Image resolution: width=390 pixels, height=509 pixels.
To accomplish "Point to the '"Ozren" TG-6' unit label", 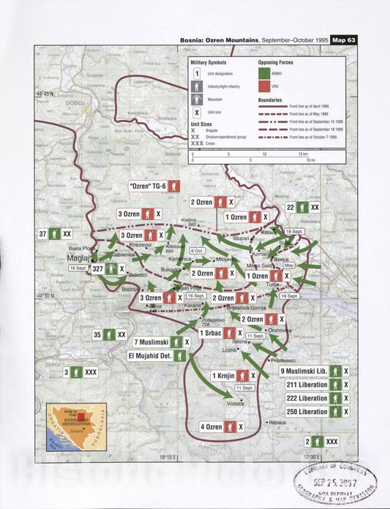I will pos(149,186).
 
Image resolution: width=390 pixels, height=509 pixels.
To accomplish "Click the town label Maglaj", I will pos(78,258).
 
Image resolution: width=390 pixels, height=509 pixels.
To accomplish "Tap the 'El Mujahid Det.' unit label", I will pos(151,356).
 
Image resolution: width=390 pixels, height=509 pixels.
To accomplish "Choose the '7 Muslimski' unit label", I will pos(152,342).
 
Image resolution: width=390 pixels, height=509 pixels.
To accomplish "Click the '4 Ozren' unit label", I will pos(211,426).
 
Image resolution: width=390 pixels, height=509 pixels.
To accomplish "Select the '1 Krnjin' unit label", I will pos(223,375).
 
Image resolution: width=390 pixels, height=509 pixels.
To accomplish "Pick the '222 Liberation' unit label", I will pos(307,398).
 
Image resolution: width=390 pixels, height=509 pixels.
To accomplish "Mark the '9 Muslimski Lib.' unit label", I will pos(302,371).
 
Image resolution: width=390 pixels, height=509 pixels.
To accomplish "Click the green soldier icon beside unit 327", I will pos(112,268).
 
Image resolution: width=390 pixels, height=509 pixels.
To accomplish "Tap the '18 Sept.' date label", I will pos(294,231).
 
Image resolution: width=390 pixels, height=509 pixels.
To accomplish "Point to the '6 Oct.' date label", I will pos(198,251).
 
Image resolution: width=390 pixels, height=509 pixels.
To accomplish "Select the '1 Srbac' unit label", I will pos(211,333).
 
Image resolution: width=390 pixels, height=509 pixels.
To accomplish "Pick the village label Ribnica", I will pos(277,422).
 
